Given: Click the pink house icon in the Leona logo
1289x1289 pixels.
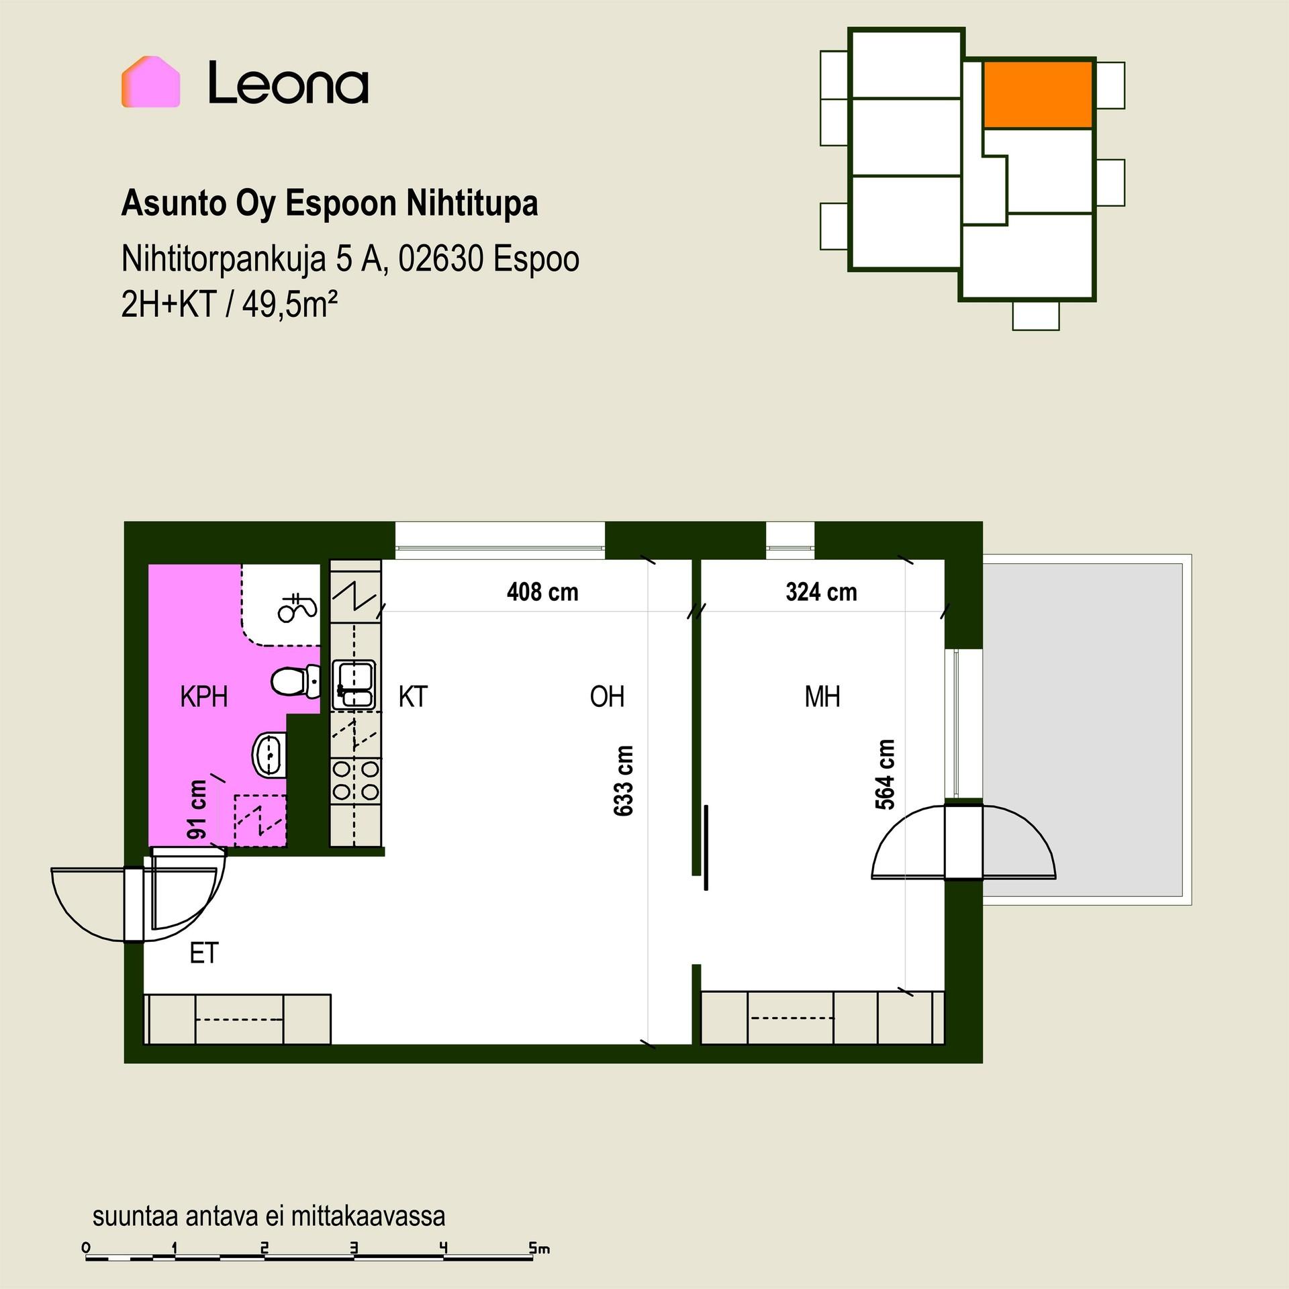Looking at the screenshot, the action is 150,82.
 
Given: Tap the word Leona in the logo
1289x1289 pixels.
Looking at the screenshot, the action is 288,83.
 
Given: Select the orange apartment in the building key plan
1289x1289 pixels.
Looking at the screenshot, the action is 1038,95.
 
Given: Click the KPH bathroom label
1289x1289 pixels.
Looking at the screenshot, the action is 204,697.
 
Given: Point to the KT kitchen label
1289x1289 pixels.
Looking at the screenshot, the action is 413,697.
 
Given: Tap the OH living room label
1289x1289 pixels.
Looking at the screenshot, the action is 607,697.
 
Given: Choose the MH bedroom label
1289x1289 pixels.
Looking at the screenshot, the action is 822,697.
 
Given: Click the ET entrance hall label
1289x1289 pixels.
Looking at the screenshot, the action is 204,953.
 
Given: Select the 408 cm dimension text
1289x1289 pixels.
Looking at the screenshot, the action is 542,592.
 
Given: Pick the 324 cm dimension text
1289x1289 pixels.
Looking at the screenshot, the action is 821,592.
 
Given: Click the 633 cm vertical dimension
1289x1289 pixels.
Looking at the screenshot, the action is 624,781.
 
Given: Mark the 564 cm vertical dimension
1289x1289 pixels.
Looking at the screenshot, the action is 886,774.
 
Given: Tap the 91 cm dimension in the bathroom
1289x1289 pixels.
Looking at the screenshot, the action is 197,810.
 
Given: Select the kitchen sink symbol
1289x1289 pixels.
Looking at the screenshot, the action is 354,684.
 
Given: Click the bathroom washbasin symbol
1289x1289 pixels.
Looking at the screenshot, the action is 269,755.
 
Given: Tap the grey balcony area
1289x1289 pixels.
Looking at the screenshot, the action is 1082,729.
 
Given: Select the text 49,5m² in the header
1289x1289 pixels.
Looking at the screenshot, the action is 289,304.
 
